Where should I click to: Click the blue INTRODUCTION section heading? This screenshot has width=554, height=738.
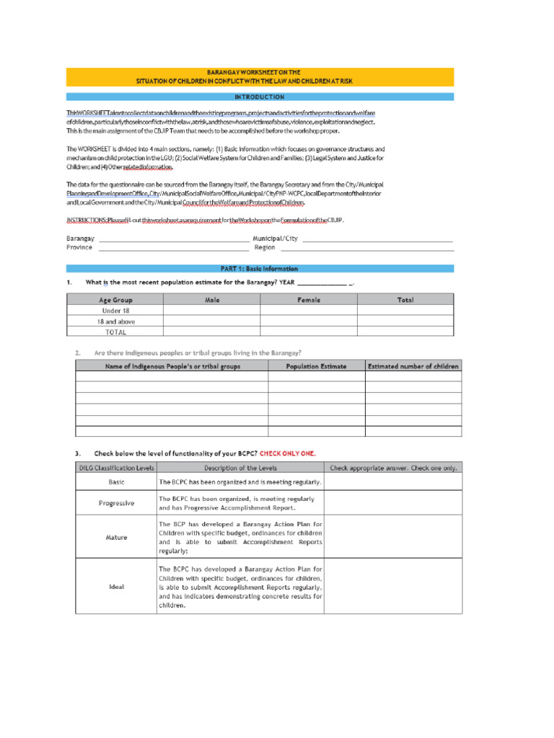pyautogui.click(x=260, y=97)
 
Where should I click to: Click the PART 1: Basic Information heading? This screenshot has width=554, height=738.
pyautogui.click(x=260, y=269)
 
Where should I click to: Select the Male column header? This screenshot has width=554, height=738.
pyautogui.click(x=211, y=300)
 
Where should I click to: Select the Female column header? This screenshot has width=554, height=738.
pyautogui.click(x=309, y=300)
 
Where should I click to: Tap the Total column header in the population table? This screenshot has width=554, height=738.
pyautogui.click(x=405, y=300)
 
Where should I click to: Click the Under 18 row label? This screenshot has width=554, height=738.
pyautogui.click(x=115, y=311)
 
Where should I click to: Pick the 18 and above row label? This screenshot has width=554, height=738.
pyautogui.click(x=115, y=321)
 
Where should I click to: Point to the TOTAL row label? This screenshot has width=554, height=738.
pyautogui.click(x=115, y=332)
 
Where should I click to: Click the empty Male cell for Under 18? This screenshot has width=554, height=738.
pyautogui.click(x=211, y=311)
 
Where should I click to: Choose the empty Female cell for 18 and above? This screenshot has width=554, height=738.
pyautogui.click(x=309, y=321)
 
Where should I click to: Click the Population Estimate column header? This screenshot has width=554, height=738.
pyautogui.click(x=316, y=366)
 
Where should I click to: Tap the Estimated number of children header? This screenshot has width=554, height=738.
pyautogui.click(x=413, y=366)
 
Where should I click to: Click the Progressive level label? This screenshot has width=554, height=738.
pyautogui.click(x=116, y=503)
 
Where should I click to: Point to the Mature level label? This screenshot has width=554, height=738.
pyautogui.click(x=116, y=537)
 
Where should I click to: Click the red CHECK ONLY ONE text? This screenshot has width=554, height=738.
pyautogui.click(x=287, y=453)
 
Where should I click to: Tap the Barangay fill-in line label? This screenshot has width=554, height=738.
pyautogui.click(x=80, y=238)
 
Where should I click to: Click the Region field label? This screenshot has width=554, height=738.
pyautogui.click(x=265, y=247)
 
